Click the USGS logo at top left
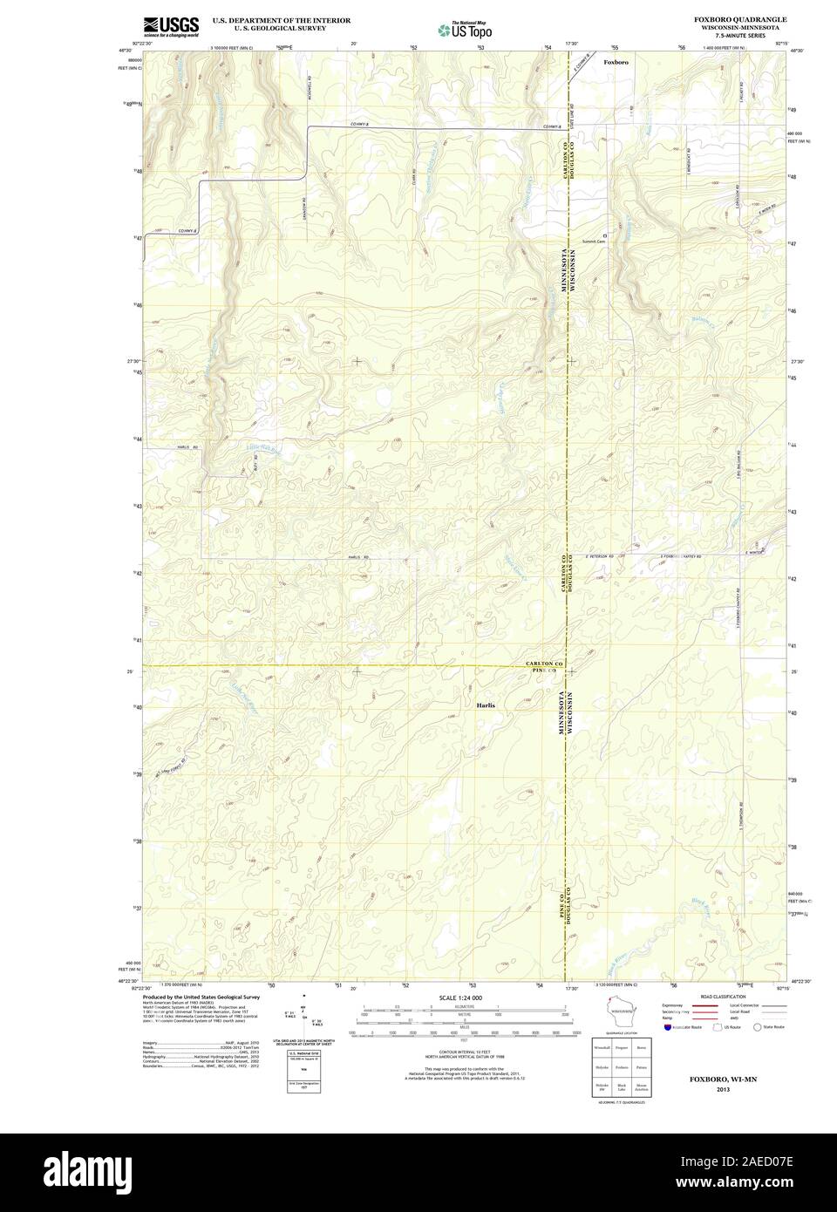(170, 25)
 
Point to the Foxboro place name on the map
(616, 63)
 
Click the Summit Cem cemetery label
(594, 242)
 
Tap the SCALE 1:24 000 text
(460, 998)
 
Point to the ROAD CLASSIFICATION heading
(723, 996)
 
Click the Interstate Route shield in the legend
(667, 1028)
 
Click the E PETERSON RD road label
(607, 555)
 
